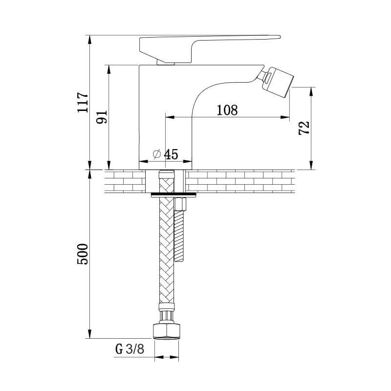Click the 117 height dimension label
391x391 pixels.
(83, 102)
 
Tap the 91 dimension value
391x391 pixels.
(102, 117)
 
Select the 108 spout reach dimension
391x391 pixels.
(227, 110)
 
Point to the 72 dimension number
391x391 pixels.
(304, 128)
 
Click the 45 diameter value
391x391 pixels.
(171, 154)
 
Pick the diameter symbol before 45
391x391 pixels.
(157, 154)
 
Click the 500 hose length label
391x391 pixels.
(83, 254)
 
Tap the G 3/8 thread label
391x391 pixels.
(130, 349)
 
